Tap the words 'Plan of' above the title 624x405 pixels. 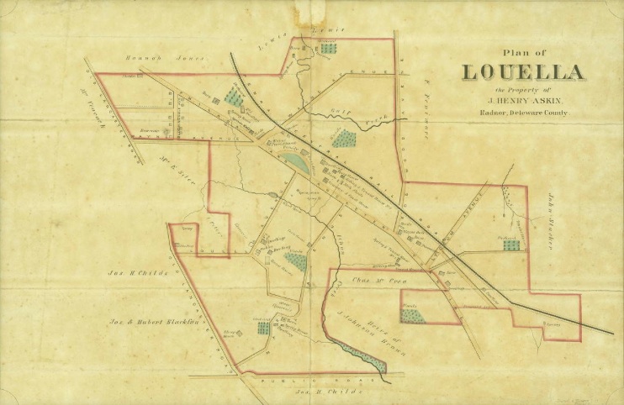(522, 50)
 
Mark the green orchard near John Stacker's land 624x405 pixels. (510, 245)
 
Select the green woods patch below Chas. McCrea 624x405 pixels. (412, 316)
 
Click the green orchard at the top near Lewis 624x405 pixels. (328, 48)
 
